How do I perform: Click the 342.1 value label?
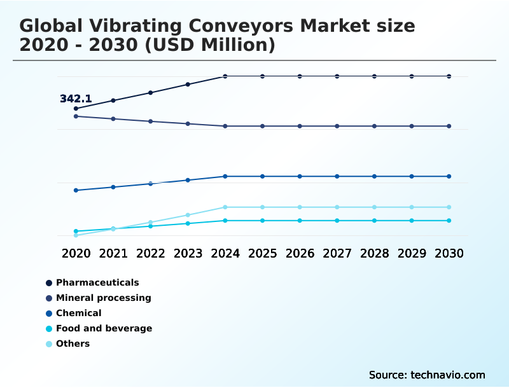click(x=76, y=99)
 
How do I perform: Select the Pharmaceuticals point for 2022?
click(x=151, y=93)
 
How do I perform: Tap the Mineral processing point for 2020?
click(x=76, y=116)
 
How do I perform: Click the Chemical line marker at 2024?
click(x=225, y=176)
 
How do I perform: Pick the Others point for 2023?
click(x=188, y=215)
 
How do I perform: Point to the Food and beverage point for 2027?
click(x=337, y=221)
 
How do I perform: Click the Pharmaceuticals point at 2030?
click(x=449, y=76)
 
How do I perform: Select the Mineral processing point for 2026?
click(x=300, y=126)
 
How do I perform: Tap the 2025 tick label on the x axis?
click(x=262, y=253)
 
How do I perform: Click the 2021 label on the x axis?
click(x=113, y=253)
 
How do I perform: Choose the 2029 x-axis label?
click(x=412, y=253)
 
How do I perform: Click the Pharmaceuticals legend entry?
click(x=97, y=282)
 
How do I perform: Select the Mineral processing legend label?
click(x=103, y=298)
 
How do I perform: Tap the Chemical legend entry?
click(x=78, y=313)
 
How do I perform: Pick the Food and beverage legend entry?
click(x=104, y=328)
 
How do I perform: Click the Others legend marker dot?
click(x=49, y=344)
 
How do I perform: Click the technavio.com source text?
click(x=448, y=375)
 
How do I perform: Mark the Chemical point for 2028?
click(x=374, y=176)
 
